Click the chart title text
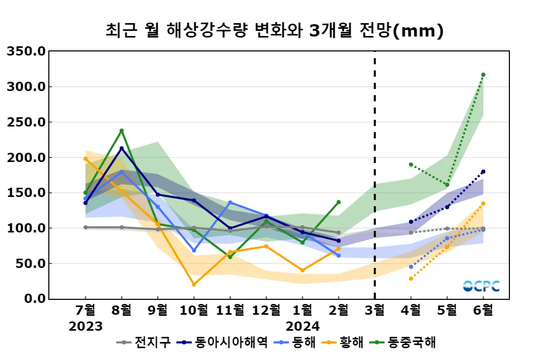coord(274,31)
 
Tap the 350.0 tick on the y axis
coord(26,51)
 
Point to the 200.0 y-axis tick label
coord(26,157)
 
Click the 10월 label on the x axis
coord(194,311)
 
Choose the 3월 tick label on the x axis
coord(375,311)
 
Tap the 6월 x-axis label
coord(483,311)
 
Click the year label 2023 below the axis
coord(86,326)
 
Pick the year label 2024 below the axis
coord(303,326)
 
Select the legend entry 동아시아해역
coord(224,343)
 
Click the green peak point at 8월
coord(122,131)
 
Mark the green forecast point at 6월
coord(483,75)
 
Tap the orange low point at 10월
coord(194,284)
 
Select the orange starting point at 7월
coord(85,159)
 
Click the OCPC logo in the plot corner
coord(481,286)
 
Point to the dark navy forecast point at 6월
coord(483,172)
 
